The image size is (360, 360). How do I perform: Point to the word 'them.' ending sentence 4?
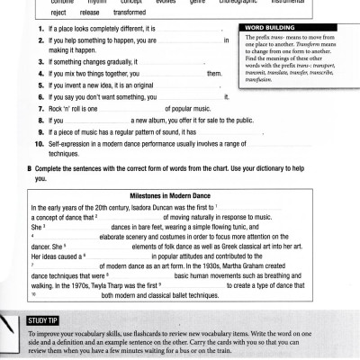(x=214, y=73)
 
